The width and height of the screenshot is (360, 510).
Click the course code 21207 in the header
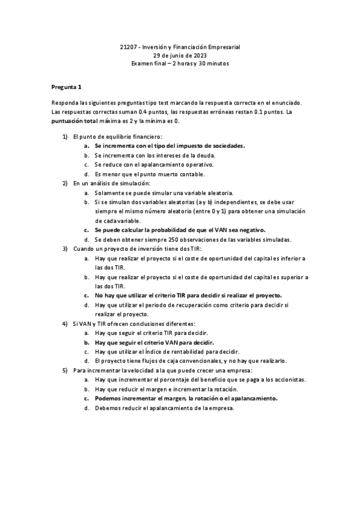pyautogui.click(x=129, y=47)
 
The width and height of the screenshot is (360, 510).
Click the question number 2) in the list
pyautogui.click(x=66, y=183)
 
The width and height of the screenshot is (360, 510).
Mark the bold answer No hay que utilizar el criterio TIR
pyautogui.click(x=188, y=295)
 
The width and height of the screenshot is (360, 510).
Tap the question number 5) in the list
pyautogui.click(x=66, y=370)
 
